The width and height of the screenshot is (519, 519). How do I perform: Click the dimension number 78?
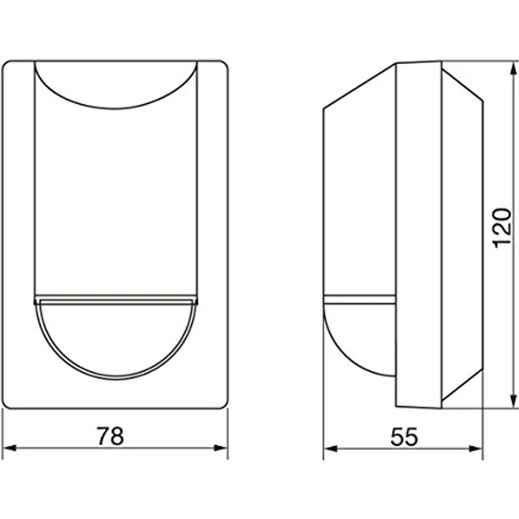tap(110, 436)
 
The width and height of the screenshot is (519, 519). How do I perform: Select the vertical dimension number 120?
tap(501, 227)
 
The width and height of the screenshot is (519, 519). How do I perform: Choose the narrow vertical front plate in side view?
tap(418, 233)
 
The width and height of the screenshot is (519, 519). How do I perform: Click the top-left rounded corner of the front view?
tap(8, 67)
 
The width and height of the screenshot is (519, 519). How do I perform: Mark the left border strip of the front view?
tap(18, 233)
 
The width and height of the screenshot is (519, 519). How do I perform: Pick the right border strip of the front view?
tap(212, 233)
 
